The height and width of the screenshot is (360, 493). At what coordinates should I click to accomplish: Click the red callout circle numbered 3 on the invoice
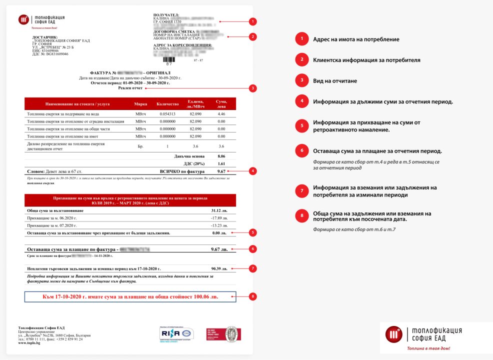[253, 88]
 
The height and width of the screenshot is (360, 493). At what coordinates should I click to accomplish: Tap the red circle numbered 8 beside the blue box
[253, 296]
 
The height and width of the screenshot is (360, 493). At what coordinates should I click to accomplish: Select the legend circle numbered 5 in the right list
[301, 125]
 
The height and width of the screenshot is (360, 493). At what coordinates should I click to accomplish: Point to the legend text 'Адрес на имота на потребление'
[356, 39]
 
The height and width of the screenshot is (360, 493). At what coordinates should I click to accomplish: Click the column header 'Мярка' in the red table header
[141, 104]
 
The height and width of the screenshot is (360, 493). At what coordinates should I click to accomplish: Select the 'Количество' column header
[167, 104]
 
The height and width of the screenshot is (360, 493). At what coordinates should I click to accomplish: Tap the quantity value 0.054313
[167, 114]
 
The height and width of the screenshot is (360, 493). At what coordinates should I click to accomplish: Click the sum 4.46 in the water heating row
[221, 114]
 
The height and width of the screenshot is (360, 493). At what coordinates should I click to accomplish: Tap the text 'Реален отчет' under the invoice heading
[130, 88]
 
